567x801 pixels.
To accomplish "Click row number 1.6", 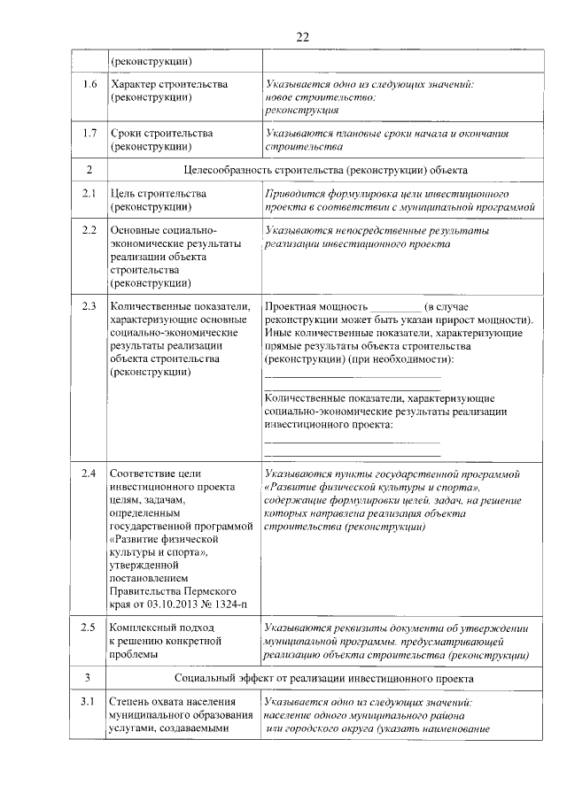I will click(89, 84).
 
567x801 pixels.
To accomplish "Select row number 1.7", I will click(89, 134).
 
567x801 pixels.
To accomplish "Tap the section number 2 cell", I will click(89, 169).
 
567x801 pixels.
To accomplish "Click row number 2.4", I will click(89, 474).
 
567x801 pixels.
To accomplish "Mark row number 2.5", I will click(89, 628).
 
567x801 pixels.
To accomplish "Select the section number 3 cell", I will click(89, 677).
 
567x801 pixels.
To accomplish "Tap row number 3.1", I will click(89, 702).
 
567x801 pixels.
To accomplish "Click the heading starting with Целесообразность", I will click(325, 169).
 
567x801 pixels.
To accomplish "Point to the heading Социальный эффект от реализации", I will click(325, 677).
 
